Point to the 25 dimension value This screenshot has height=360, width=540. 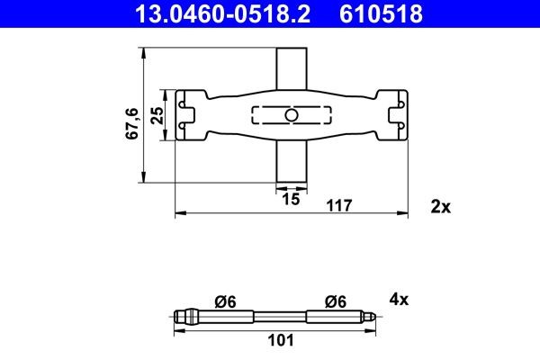pyautogui.click(x=157, y=115)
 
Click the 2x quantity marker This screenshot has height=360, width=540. pyautogui.click(x=440, y=206)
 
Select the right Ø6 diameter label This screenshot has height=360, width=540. pyautogui.click(x=337, y=301)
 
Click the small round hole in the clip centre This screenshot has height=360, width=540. pyautogui.click(x=290, y=115)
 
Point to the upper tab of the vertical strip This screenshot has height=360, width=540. pyautogui.click(x=289, y=67)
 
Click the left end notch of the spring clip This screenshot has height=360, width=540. pyautogui.click(x=187, y=115)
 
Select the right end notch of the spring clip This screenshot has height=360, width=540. pyautogui.click(x=393, y=115)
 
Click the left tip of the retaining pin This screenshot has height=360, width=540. pyautogui.click(x=178, y=316)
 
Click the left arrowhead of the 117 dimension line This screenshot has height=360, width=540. pyautogui.click(x=176, y=213)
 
